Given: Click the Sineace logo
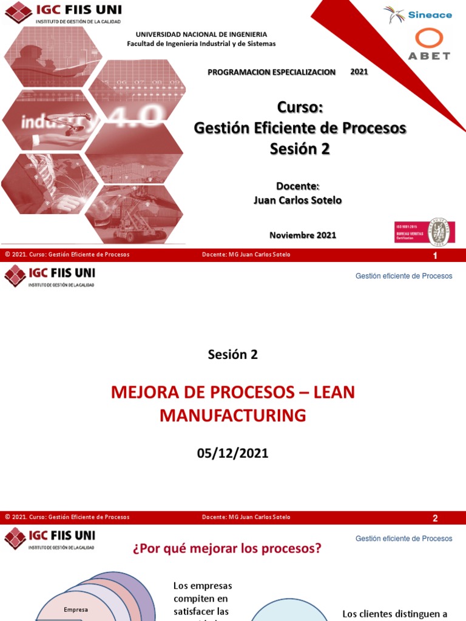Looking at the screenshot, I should click(418, 15).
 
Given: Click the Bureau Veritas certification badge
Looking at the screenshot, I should click(424, 232).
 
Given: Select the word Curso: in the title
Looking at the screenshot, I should click(300, 107).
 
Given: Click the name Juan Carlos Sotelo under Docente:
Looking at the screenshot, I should click(297, 200).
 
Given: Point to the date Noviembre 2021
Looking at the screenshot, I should click(302, 235).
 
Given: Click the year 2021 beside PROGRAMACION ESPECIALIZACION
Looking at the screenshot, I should click(359, 72).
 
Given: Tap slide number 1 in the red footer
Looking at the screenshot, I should click(434, 256).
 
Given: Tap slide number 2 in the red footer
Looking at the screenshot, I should click(434, 519).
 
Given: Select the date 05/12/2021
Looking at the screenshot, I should click(233, 453).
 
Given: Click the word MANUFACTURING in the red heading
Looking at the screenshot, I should click(233, 415).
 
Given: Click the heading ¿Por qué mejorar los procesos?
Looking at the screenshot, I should click(227, 549).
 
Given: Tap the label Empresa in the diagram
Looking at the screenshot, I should click(76, 609).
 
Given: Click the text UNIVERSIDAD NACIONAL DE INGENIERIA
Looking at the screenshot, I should click(201, 35).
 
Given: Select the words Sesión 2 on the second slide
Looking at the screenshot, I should click(233, 355).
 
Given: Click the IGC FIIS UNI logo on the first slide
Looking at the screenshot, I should click(62, 13).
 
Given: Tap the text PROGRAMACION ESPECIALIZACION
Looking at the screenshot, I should click(271, 72).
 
